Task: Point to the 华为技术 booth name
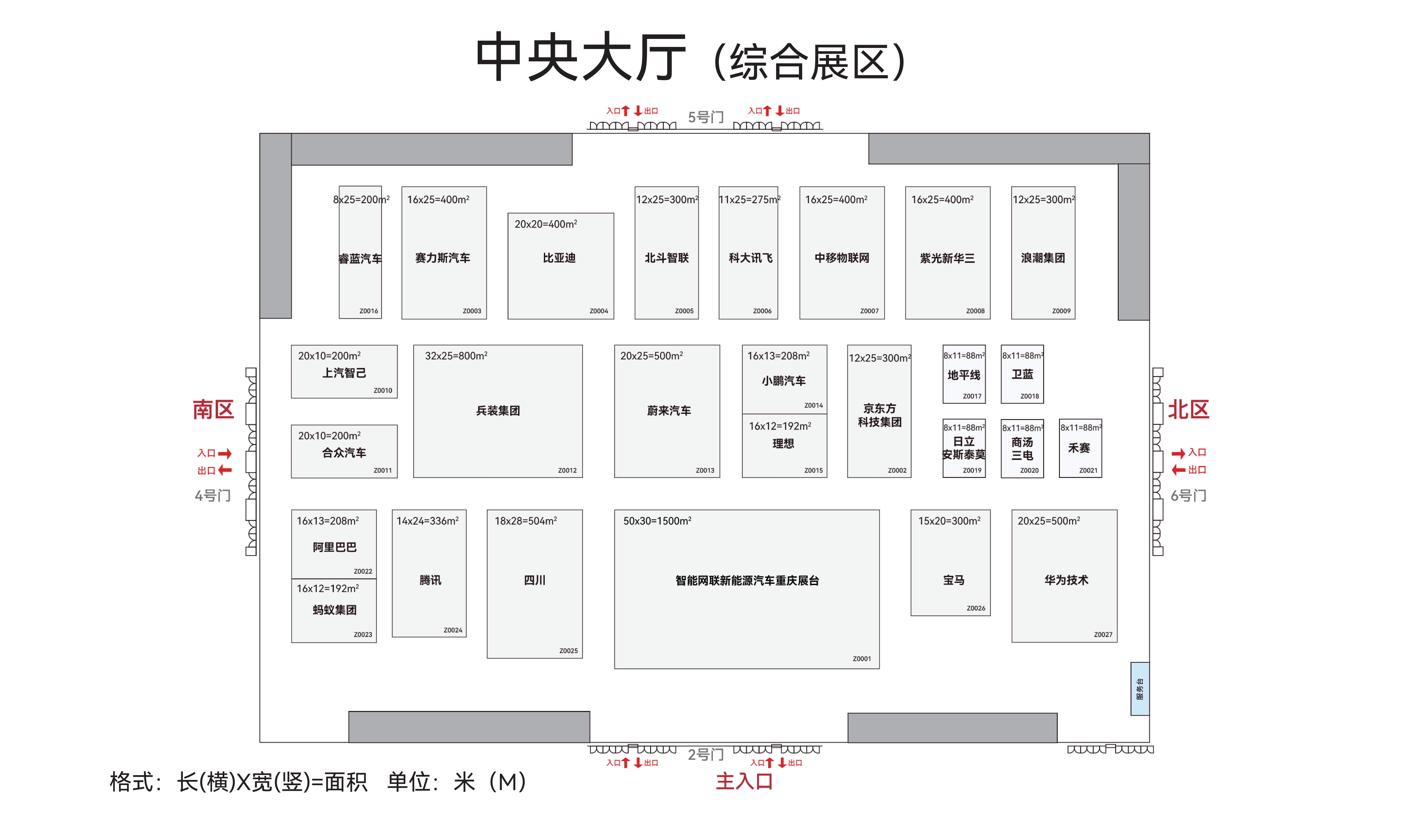point(1066,580)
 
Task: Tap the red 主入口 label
point(744,781)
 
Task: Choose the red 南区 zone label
point(213,410)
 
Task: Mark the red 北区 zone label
point(1188,410)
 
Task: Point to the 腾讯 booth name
point(430,580)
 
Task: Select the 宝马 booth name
point(954,580)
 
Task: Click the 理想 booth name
point(783,443)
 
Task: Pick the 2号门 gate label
point(706,755)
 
